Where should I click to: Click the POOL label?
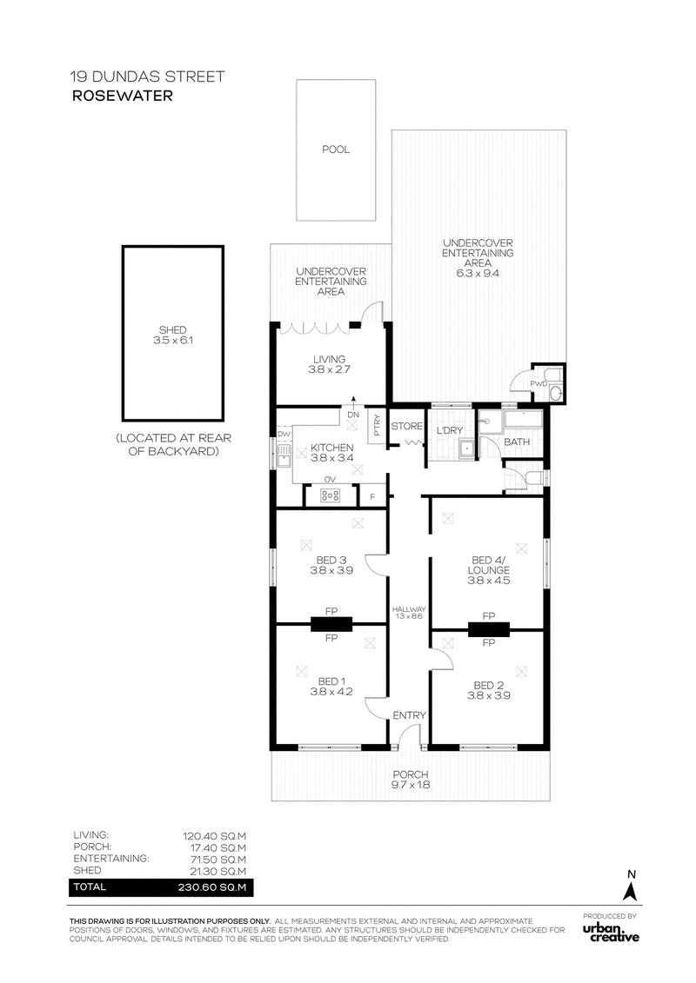click(336, 149)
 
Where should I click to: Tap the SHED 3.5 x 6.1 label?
click(172, 335)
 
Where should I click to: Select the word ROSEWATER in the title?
click(123, 96)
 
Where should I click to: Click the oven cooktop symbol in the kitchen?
click(330, 496)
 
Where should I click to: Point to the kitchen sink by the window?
click(284, 454)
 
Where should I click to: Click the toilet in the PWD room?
click(555, 393)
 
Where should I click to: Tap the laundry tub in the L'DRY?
click(467, 448)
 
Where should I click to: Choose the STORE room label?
click(406, 426)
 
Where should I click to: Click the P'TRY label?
click(377, 425)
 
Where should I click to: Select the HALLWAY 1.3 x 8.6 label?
click(409, 613)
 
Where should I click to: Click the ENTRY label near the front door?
click(409, 715)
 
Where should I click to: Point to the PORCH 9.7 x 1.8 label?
click(411, 780)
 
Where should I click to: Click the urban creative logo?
click(611, 933)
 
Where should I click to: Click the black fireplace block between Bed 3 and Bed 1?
click(331, 624)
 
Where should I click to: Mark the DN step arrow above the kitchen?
click(353, 402)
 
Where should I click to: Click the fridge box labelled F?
click(372, 495)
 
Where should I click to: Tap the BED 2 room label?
click(488, 690)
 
